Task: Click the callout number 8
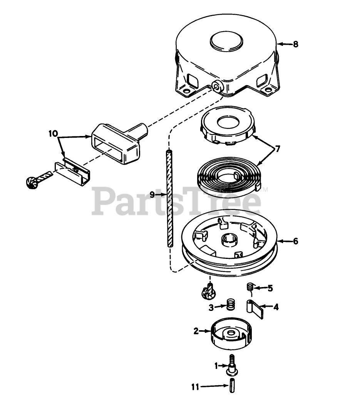click(295, 44)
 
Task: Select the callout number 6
click(295, 242)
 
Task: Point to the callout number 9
click(152, 195)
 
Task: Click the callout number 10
click(53, 134)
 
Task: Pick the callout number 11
click(196, 387)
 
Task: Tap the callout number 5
click(270, 288)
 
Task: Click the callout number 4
click(276, 307)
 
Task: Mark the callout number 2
click(196, 331)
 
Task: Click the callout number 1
click(217, 365)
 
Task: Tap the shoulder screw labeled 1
click(232, 364)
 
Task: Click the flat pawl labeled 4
click(256, 309)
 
